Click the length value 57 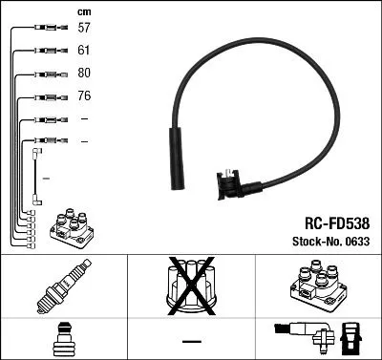pyautogui.click(x=84, y=29)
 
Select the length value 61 pyautogui.click(x=84, y=51)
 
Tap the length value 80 pyautogui.click(x=84, y=74)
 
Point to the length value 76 pyautogui.click(x=84, y=96)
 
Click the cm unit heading pyautogui.click(x=83, y=11)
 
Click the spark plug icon pyautogui.click(x=63, y=286)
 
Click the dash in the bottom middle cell pyautogui.click(x=191, y=341)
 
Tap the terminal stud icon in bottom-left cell pyautogui.click(x=63, y=339)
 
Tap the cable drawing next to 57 pyautogui.click(x=39, y=29)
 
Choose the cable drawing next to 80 pyautogui.click(x=44, y=74)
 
